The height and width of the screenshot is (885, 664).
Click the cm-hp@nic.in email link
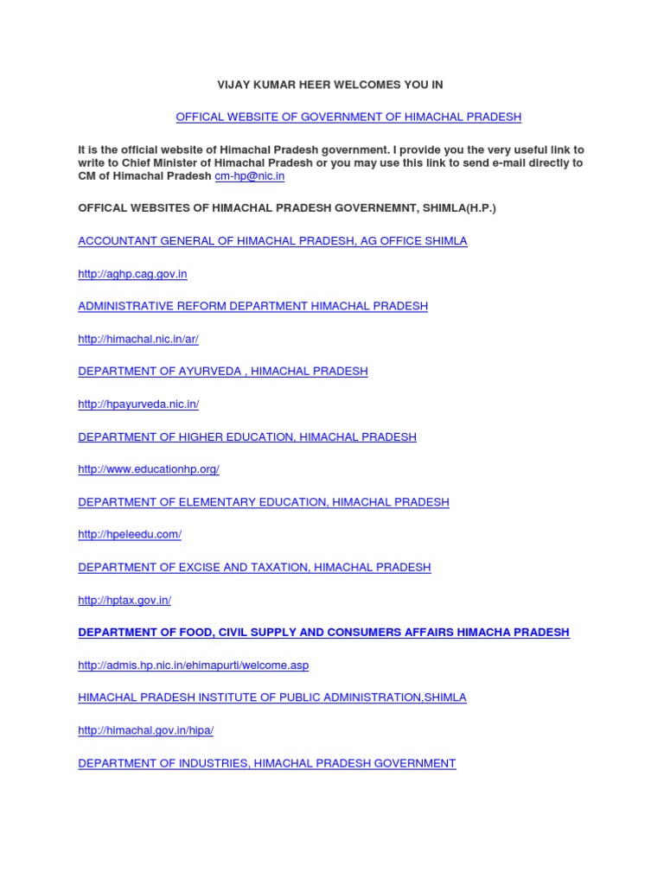(x=250, y=176)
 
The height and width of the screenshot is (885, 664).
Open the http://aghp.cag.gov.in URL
(x=132, y=274)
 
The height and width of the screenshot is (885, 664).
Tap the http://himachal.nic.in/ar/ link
(x=138, y=339)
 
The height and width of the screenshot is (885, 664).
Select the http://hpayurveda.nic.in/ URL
(x=138, y=404)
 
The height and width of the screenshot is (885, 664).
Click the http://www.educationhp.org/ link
(x=149, y=469)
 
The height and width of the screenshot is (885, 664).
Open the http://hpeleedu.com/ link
(x=130, y=534)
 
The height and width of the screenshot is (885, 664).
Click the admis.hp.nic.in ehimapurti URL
(x=193, y=665)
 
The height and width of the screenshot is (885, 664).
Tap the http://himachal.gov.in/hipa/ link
(x=145, y=730)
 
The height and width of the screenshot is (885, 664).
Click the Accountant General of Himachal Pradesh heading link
(x=272, y=241)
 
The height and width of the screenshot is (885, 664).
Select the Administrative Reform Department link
(x=252, y=306)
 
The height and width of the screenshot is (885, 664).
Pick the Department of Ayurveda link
(x=223, y=371)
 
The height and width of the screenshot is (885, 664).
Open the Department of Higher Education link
(x=247, y=436)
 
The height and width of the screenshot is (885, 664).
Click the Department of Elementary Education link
(x=264, y=502)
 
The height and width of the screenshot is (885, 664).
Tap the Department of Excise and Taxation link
(x=254, y=567)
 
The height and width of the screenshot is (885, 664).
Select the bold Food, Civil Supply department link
(x=323, y=633)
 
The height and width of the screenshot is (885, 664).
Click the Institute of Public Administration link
(x=272, y=697)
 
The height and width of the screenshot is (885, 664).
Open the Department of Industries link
(x=267, y=763)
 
